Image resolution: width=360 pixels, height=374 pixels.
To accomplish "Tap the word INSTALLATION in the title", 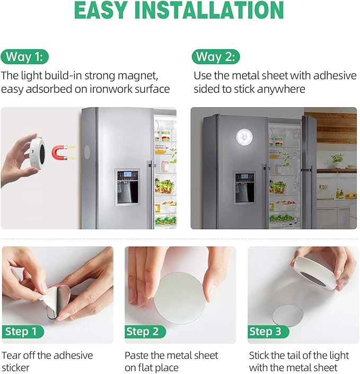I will coord(214,11).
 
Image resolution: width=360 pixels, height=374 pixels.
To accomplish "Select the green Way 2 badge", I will coord(216,57).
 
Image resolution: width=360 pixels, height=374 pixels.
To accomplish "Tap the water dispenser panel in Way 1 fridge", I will coord(128,187).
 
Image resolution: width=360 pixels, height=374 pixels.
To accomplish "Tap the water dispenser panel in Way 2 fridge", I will coord(244,187).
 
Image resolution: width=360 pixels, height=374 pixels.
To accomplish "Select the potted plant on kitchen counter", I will coord(337,159).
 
